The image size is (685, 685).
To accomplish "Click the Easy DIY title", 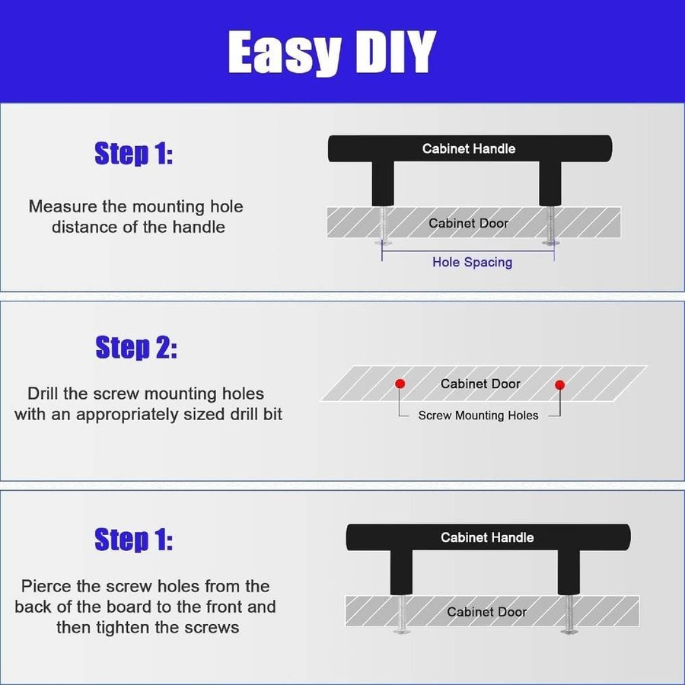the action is pyautogui.click(x=332, y=53).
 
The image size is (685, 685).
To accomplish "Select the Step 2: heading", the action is pyautogui.click(x=136, y=347).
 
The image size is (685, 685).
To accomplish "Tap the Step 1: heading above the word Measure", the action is pyautogui.click(x=134, y=153).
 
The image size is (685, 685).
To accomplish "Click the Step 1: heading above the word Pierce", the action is pyautogui.click(x=134, y=540).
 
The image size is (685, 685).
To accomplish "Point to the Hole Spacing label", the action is pyautogui.click(x=472, y=262).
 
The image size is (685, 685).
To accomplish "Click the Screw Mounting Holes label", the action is pyautogui.click(x=478, y=415).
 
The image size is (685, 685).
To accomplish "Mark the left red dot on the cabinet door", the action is pyautogui.click(x=400, y=384).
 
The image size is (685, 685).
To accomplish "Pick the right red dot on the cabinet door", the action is pyautogui.click(x=559, y=385).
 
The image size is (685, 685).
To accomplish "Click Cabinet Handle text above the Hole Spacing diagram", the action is pyautogui.click(x=468, y=148).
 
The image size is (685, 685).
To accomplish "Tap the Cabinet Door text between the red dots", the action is pyautogui.click(x=480, y=384).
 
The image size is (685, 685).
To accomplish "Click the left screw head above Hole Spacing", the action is pyautogui.click(x=383, y=243).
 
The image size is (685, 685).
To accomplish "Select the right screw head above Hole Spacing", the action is pyautogui.click(x=551, y=243).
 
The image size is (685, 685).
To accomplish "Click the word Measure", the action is pyautogui.click(x=63, y=206).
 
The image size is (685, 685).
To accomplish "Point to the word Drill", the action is pyautogui.click(x=43, y=393).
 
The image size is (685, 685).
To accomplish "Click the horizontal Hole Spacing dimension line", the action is pyautogui.click(x=468, y=251).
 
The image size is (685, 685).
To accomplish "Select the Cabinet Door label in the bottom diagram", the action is pyautogui.click(x=486, y=612).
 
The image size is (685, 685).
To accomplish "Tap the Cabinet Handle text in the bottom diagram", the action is pyautogui.click(x=487, y=537).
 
